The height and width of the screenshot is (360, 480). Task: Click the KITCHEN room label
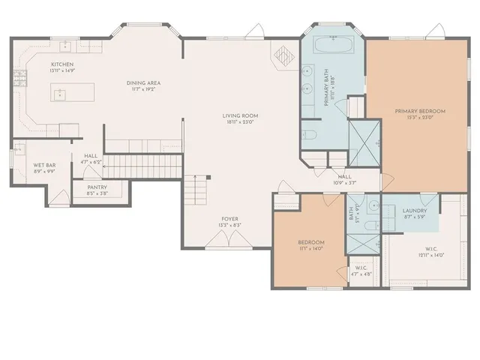click(61, 64)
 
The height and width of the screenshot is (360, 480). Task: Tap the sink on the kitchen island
click(58, 94)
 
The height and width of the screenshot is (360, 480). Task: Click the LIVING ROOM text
click(240, 115)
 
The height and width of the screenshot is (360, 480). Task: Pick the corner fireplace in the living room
click(286, 57)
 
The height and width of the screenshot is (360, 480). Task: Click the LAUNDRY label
click(415, 211)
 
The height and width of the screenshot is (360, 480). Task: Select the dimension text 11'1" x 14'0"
click(310, 249)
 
